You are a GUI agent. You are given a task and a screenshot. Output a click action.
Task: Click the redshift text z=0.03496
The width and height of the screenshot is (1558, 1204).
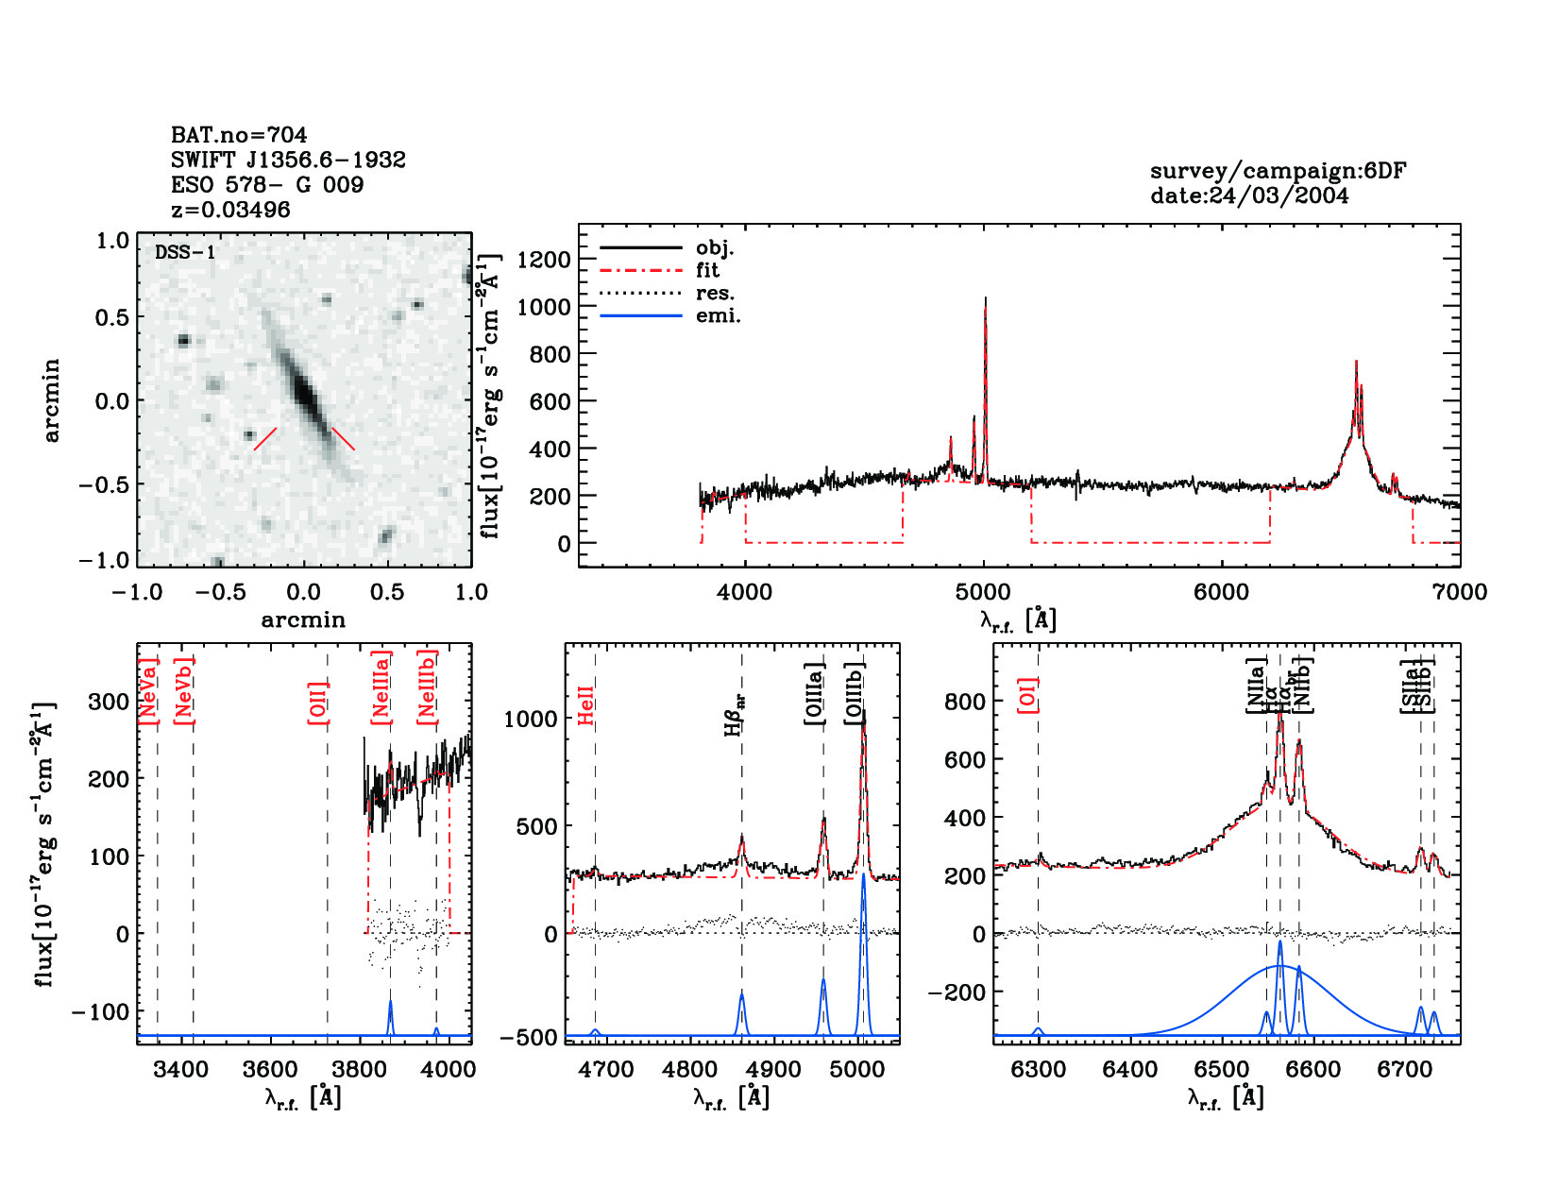coord(230,210)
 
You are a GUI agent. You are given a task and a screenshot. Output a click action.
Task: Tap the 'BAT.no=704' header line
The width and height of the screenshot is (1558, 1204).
coord(239,135)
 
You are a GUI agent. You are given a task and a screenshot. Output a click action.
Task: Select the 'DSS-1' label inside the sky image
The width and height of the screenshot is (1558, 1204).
coord(185,253)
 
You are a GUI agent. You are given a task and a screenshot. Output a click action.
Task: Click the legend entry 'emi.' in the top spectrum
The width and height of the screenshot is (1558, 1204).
coord(718,316)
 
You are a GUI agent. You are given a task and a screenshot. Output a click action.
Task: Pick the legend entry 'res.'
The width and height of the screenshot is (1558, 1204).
coord(715,294)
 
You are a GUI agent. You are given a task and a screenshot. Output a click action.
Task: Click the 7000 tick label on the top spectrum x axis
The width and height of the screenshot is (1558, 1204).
coord(1460,592)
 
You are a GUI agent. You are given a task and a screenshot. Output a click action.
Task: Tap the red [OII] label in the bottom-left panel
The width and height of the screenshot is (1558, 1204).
coord(318,703)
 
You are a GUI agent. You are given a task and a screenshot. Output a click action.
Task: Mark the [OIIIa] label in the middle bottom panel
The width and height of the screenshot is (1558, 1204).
coord(815,694)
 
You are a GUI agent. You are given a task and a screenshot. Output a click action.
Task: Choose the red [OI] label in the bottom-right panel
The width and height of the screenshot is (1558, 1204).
coord(1028,694)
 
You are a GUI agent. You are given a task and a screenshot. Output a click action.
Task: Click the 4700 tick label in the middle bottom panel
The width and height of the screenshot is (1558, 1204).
coord(605,1070)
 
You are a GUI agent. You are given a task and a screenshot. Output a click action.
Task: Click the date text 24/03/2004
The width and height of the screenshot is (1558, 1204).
coord(1249,195)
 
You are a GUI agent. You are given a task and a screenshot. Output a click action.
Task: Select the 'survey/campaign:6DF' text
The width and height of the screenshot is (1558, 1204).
coord(1278,171)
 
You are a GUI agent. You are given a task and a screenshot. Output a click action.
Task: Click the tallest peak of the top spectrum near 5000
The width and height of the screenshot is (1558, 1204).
coord(985,300)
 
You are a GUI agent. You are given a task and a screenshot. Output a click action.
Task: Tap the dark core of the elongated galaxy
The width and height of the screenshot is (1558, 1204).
coord(303,389)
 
